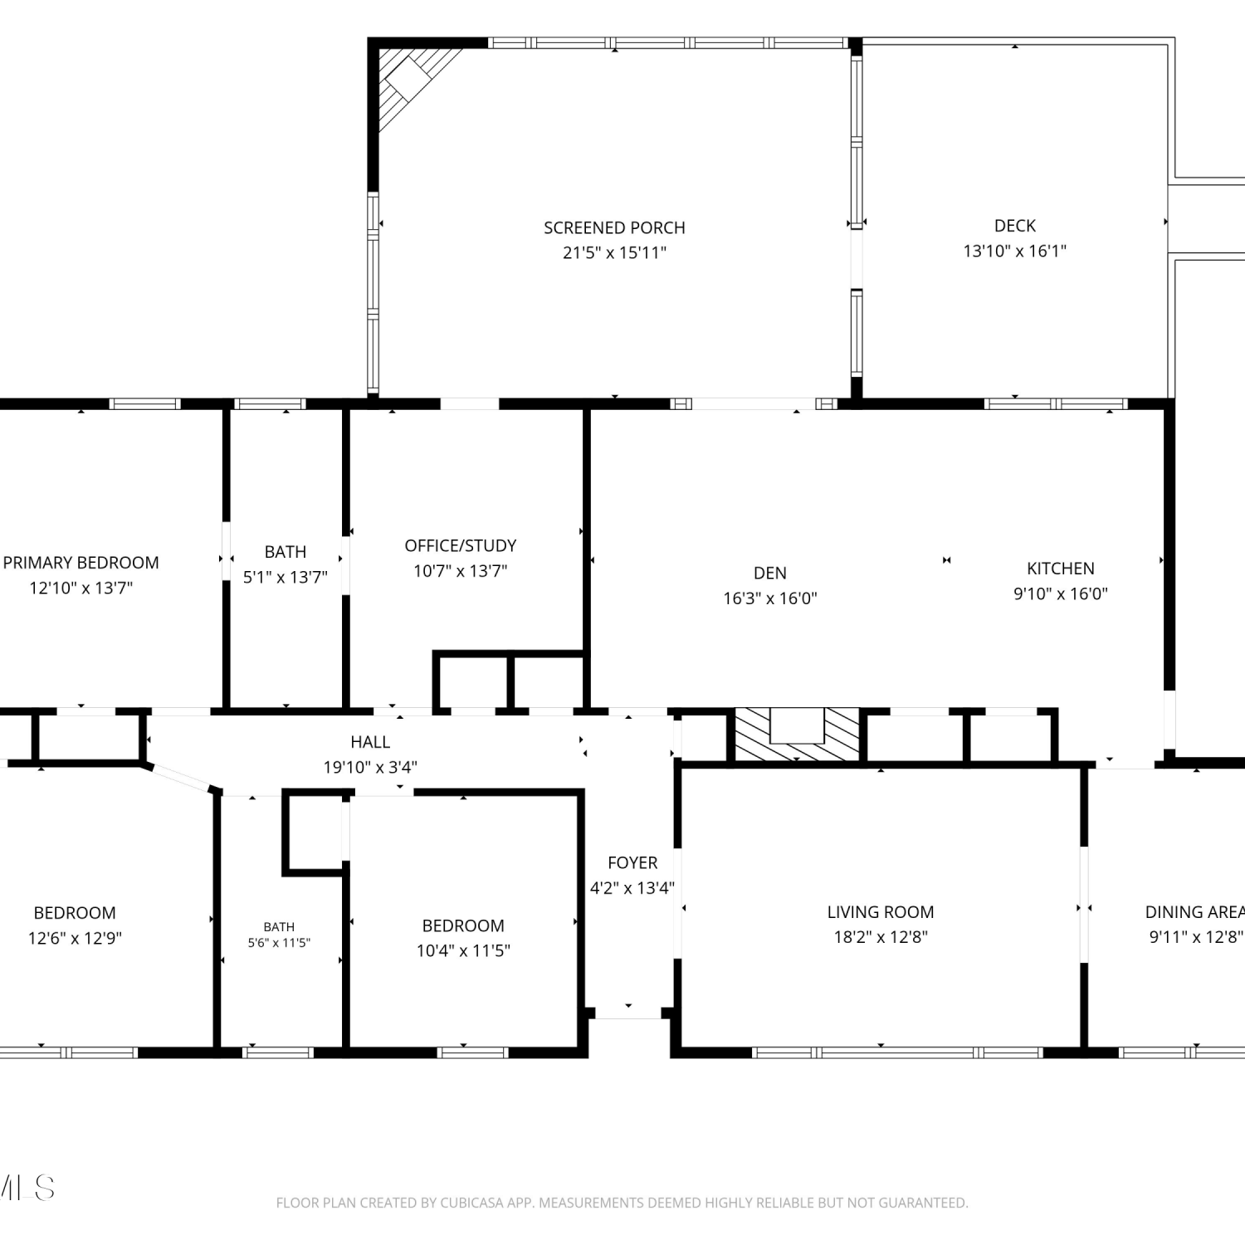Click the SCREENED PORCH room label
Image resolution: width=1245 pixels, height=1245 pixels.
(x=614, y=227)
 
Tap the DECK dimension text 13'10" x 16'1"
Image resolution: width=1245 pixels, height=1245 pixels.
(x=1014, y=251)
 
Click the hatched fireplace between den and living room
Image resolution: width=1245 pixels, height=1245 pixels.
(x=797, y=734)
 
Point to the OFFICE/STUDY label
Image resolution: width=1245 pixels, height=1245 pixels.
(x=461, y=545)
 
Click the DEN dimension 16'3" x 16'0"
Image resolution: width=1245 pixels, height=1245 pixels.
(x=770, y=598)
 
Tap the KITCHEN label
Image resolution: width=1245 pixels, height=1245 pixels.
(x=1061, y=569)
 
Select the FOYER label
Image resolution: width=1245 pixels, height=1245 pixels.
(x=632, y=863)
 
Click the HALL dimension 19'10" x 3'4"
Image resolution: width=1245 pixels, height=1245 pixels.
(x=370, y=768)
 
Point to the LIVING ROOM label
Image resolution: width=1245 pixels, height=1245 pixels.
(x=881, y=912)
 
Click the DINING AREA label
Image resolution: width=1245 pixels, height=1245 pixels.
(x=1195, y=912)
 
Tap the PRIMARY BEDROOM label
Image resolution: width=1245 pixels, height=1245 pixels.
(x=81, y=563)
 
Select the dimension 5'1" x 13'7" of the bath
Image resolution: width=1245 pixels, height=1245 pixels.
(x=286, y=577)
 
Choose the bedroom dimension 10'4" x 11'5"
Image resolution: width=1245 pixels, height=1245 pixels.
(x=463, y=951)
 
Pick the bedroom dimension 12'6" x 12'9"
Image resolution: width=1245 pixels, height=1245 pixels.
(x=75, y=939)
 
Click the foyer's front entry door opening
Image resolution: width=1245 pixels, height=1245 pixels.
(x=628, y=1013)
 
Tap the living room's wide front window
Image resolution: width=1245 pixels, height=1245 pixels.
(x=897, y=1052)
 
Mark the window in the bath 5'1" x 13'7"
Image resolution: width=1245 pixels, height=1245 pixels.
(x=270, y=404)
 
